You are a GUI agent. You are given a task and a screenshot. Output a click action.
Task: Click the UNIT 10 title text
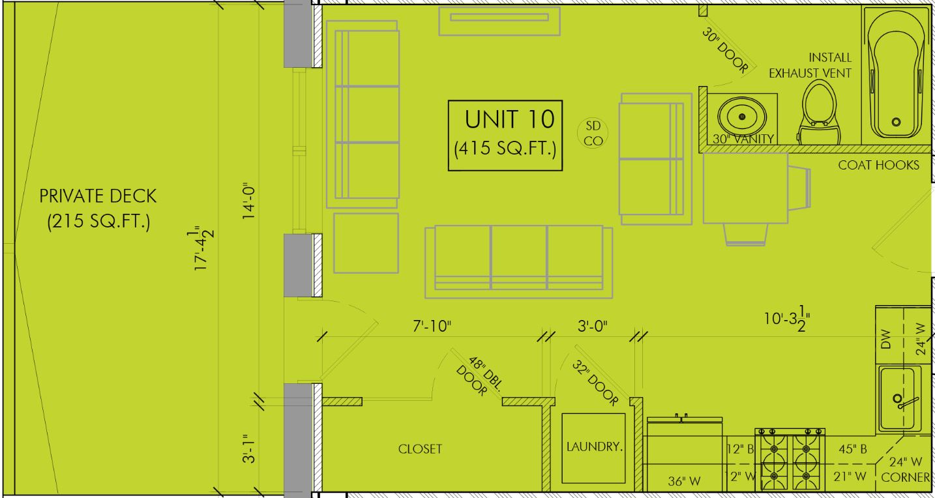509,119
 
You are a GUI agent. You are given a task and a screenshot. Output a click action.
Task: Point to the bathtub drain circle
896,122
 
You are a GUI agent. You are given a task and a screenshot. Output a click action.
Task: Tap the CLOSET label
420,449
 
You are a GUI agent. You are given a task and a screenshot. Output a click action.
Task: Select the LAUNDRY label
593,447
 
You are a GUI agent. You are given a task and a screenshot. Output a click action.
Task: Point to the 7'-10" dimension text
432,326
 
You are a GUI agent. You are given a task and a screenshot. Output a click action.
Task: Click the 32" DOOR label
595,383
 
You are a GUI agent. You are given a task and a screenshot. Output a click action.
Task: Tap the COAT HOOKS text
878,165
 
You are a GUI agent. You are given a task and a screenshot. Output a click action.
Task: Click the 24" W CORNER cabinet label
905,469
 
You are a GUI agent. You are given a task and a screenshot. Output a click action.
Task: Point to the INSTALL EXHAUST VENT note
810,65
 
